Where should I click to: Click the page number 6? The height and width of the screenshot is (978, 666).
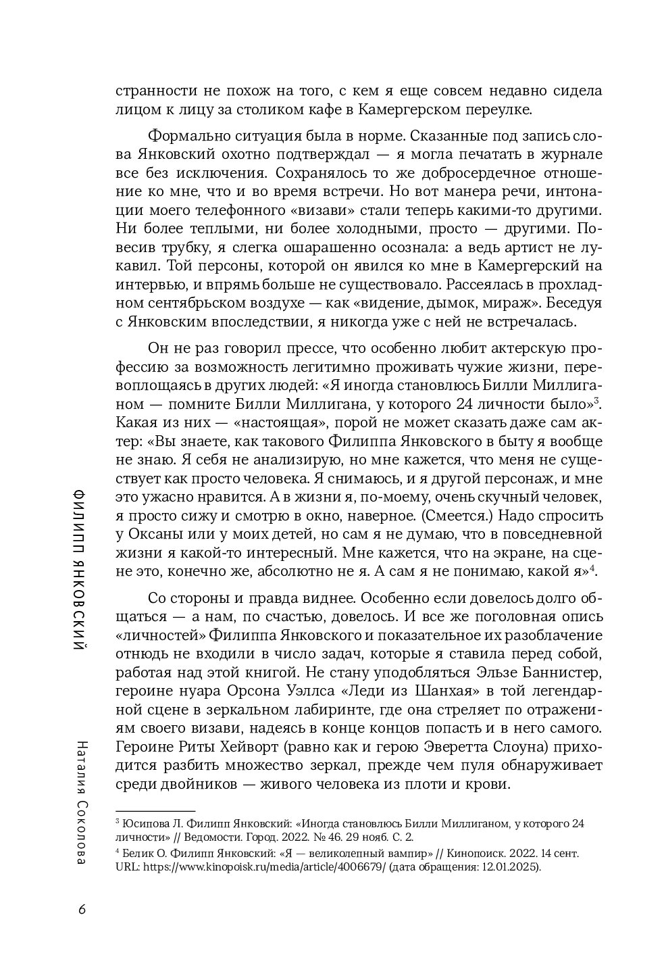click(x=82, y=908)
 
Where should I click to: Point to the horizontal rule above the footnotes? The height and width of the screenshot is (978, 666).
click(x=155, y=810)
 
